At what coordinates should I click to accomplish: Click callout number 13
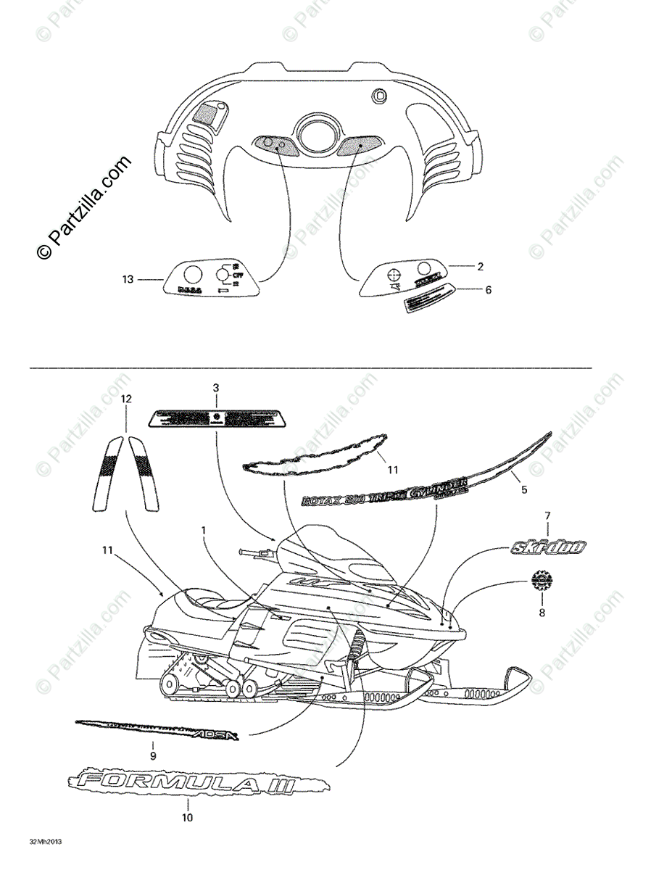[x=128, y=279]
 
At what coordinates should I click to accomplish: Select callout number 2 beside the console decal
[x=480, y=266]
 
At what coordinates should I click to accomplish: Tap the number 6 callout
[x=488, y=289]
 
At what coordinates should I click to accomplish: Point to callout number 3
[x=215, y=388]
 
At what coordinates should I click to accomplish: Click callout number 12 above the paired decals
[x=127, y=399]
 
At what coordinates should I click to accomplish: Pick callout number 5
[x=524, y=489]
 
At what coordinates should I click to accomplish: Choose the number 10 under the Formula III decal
[x=187, y=818]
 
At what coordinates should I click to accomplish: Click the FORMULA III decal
[x=196, y=783]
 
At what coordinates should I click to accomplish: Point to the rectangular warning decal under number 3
[x=215, y=418]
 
